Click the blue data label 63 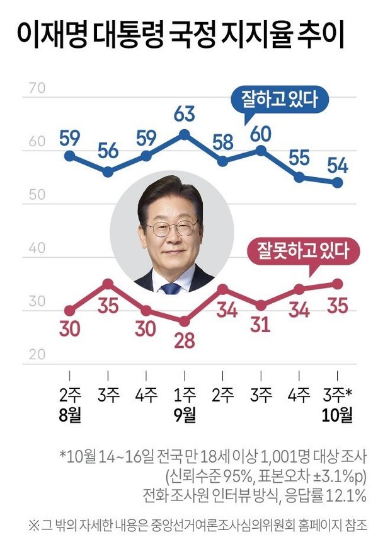tap(184, 115)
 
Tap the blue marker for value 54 tap(337, 183)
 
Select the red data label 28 tap(184, 342)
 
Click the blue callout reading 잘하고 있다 tap(280, 99)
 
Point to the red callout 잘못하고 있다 tap(303, 250)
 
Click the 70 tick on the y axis tap(37, 88)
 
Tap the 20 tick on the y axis tap(37, 354)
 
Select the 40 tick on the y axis tap(37, 248)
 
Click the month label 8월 tap(71, 415)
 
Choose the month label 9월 tap(184, 415)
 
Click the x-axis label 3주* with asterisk tap(337, 395)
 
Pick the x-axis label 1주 tap(184, 395)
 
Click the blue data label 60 tap(261, 134)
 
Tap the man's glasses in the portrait tap(171, 228)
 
